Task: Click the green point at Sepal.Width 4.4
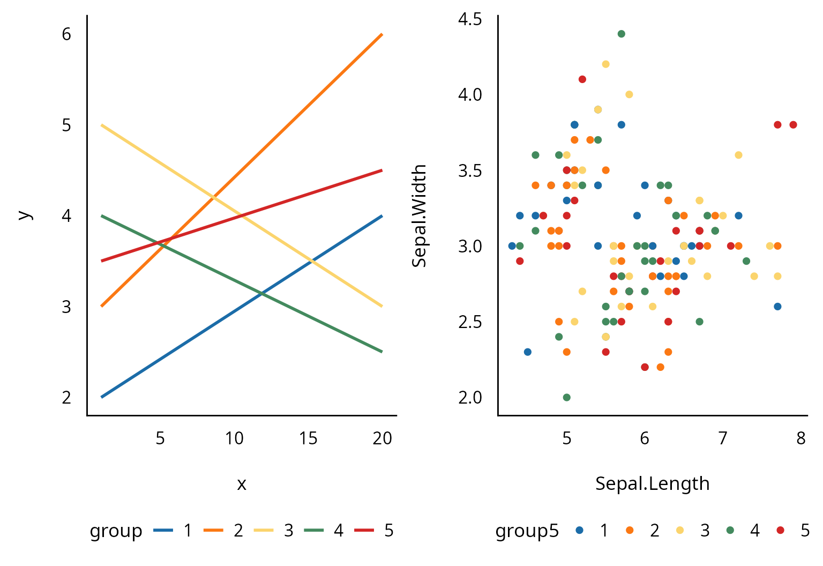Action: (621, 34)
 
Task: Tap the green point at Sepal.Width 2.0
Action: (566, 397)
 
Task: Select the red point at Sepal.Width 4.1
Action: (582, 79)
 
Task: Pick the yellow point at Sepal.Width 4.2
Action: (605, 64)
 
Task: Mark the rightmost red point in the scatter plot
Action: (793, 125)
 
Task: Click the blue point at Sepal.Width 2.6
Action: (777, 307)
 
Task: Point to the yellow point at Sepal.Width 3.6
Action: (738, 155)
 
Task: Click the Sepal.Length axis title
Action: (652, 483)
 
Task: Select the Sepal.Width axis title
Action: (419, 215)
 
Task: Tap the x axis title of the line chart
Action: (242, 484)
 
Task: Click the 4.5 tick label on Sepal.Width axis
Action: (470, 19)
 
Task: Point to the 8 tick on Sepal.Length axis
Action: (800, 438)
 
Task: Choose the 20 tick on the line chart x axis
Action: (382, 438)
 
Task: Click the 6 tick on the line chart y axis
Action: (66, 34)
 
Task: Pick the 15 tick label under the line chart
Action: (308, 438)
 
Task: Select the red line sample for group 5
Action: (364, 531)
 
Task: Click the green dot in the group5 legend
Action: (730, 530)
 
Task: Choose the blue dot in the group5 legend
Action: (579, 530)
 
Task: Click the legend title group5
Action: (527, 531)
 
